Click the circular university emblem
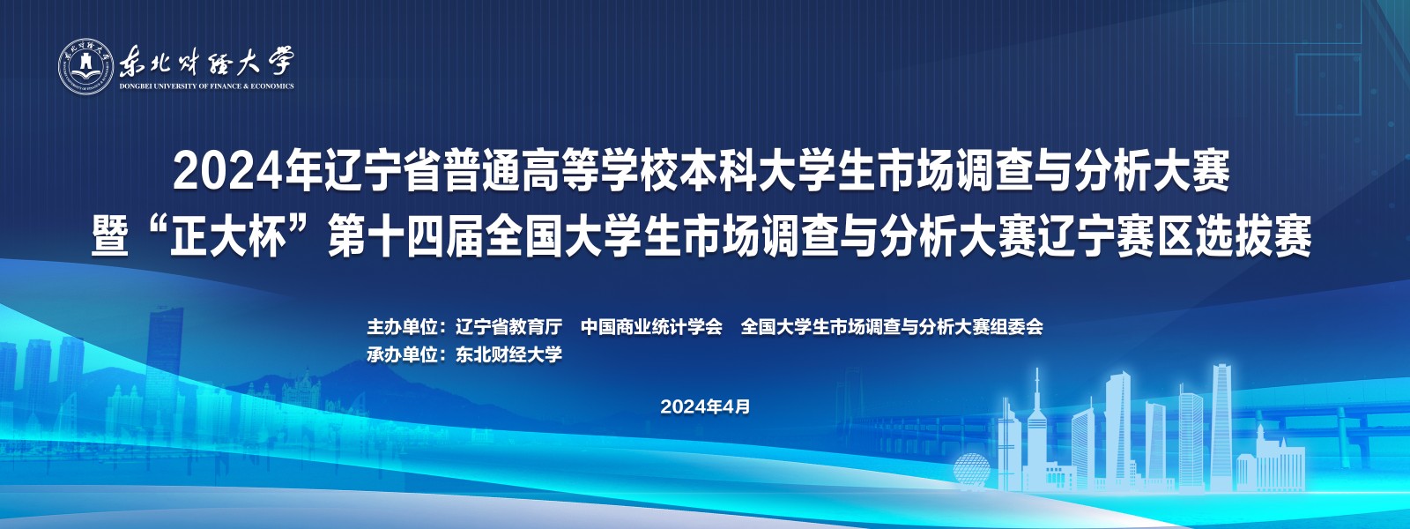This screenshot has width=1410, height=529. point(86,67)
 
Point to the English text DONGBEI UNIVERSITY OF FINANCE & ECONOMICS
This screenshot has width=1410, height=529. point(207,86)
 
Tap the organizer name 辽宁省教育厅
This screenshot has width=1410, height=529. point(508,327)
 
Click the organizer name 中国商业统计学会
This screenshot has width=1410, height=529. point(651,327)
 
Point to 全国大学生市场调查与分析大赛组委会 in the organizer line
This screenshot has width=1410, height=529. point(892,327)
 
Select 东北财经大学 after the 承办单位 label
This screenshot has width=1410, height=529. point(508,354)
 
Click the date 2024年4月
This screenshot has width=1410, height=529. point(706,406)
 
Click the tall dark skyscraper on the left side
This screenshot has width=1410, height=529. point(165,353)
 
